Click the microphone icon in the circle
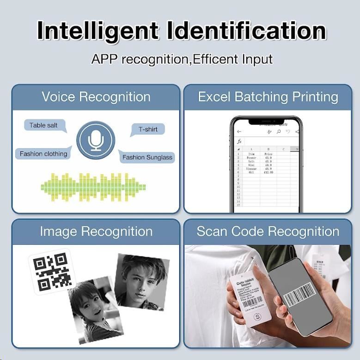pos(96,140)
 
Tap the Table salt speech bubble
pos(43,125)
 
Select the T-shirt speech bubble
pos(148,130)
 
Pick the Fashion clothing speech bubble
pos(43,154)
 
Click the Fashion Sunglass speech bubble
pos(147,157)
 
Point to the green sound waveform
pos(93,187)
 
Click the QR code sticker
pos(52,271)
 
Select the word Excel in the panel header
pos(214,97)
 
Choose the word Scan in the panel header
pos(212,231)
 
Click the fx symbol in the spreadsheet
pos(239,141)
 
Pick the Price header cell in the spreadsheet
pos(268,154)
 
